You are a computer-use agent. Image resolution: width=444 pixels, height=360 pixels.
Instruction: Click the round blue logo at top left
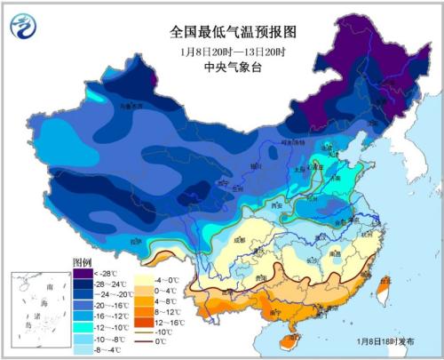point(20,28)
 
